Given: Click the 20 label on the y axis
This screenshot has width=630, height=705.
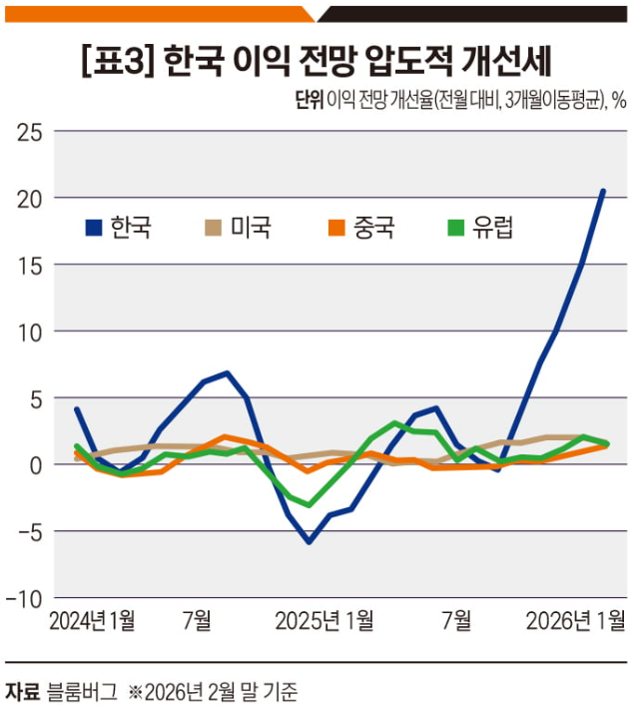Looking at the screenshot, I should tap(29, 198).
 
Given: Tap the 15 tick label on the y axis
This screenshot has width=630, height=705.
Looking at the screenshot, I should tap(29, 265).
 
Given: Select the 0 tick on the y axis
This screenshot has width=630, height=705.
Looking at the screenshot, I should tap(35, 464).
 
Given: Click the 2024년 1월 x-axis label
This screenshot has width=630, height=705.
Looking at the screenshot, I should tap(93, 621).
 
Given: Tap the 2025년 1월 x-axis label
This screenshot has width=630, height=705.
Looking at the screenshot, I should tap(325, 621).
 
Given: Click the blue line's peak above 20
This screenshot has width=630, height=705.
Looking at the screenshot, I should tap(603, 191).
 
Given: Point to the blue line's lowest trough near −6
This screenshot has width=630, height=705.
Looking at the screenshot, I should tap(310, 542).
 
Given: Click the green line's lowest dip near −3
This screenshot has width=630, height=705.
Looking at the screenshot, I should tap(310, 504).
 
